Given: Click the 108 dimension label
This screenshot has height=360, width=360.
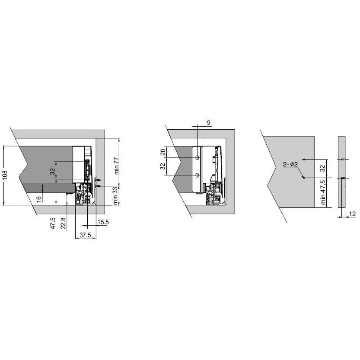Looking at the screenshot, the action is [5, 175].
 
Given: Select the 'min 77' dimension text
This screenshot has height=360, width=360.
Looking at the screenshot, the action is [117, 166].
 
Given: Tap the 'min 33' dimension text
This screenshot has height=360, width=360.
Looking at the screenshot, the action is [115, 195].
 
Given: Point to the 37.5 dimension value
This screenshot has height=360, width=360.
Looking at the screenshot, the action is [86, 235].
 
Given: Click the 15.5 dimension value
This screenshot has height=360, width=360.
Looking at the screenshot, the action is [103, 222].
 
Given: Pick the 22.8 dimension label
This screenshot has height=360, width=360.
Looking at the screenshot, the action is [63, 223].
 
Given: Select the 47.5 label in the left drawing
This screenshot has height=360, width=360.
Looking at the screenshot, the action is [53, 223].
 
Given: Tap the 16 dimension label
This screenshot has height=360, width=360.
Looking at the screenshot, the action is [39, 199].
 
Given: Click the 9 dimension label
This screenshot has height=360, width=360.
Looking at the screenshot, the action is [208, 123].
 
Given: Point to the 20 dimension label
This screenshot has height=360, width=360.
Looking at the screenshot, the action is [163, 152].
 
